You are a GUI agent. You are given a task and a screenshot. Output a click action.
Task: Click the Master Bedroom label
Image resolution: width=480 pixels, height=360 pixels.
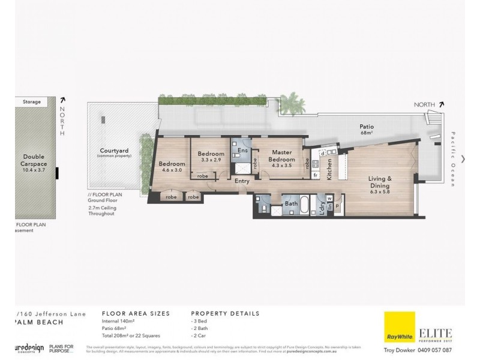click(281, 156)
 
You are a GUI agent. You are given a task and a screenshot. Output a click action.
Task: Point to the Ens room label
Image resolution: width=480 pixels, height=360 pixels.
click(243, 150)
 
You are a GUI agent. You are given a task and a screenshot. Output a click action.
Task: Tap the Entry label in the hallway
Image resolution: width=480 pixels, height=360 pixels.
click(242, 181)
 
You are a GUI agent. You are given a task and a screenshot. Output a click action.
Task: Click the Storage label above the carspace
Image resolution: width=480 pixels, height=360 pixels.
click(32, 102)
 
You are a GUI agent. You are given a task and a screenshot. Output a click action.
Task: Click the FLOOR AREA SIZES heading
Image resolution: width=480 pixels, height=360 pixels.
click(136, 313)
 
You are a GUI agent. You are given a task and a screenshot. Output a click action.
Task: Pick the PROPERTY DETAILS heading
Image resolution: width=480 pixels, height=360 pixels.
click(225, 313)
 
